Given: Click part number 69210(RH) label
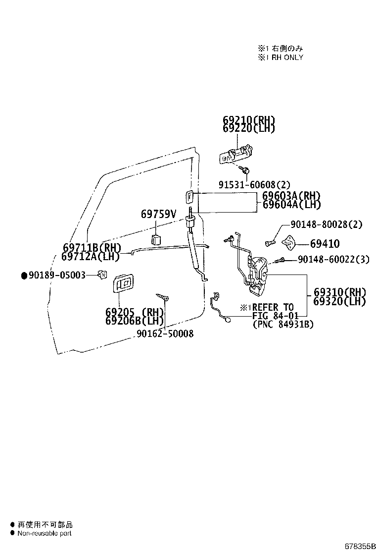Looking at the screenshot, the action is [249, 120].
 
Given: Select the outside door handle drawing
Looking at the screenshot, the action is [236, 154].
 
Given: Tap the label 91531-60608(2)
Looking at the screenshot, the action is [254, 184].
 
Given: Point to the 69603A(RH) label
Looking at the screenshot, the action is [291, 196].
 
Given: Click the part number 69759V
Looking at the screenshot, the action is [158, 214].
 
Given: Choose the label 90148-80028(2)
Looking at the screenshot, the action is [327, 224].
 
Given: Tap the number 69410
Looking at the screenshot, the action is [325, 243].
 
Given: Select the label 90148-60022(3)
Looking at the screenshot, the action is [333, 259].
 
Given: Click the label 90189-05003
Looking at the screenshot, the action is [57, 275].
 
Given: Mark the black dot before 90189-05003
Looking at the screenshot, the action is [24, 275].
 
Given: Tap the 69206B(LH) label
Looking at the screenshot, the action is [135, 321].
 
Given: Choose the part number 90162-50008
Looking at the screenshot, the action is [165, 333].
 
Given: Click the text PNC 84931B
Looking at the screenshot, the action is [283, 325].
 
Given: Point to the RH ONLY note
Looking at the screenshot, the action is [281, 57].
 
